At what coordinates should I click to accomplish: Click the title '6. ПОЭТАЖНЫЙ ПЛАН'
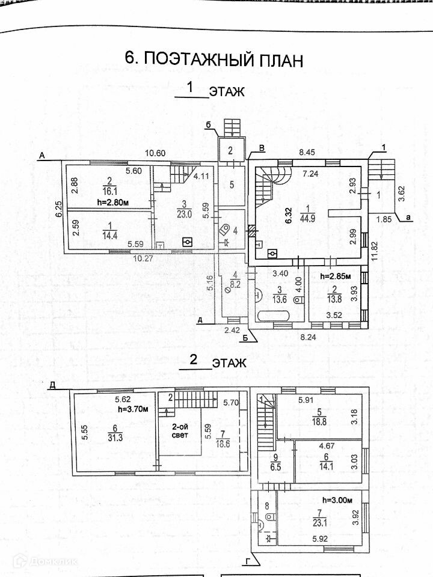213,59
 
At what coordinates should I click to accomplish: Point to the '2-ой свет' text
180,430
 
